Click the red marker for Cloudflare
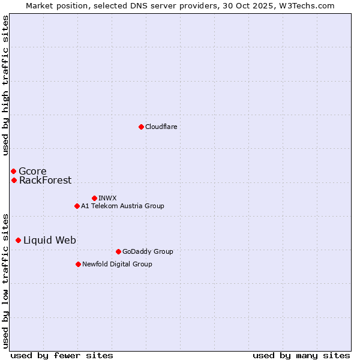pos(141,127)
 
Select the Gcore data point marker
pos(13,171)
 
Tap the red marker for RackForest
pos(14,180)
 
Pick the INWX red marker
pos(94,198)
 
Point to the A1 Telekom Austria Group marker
pos(77,206)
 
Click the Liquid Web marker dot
pos(18,240)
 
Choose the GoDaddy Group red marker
pos(118,251)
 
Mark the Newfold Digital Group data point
pos(78,264)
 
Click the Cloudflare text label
pos(161,127)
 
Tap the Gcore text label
pos(32,171)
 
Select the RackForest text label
pos(45,180)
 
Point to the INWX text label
pos(107,198)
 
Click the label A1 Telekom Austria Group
pos(122,206)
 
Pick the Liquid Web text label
pos(50,240)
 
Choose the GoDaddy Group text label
pos(148,251)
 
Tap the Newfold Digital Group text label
pos(117,264)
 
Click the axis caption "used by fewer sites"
pos(62,355)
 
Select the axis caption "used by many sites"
pos(301,355)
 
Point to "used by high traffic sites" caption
pos(5,85)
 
